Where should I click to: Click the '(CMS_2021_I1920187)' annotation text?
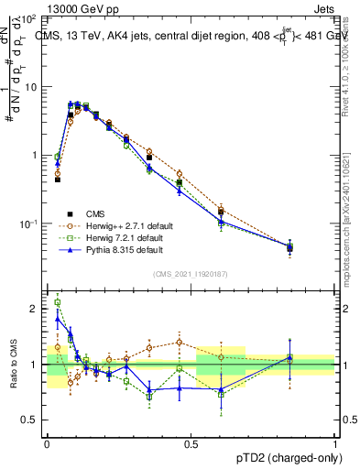[x=190, y=274]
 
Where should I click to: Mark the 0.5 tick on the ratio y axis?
[x=32, y=420]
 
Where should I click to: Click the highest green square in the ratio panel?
[x=58, y=302]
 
